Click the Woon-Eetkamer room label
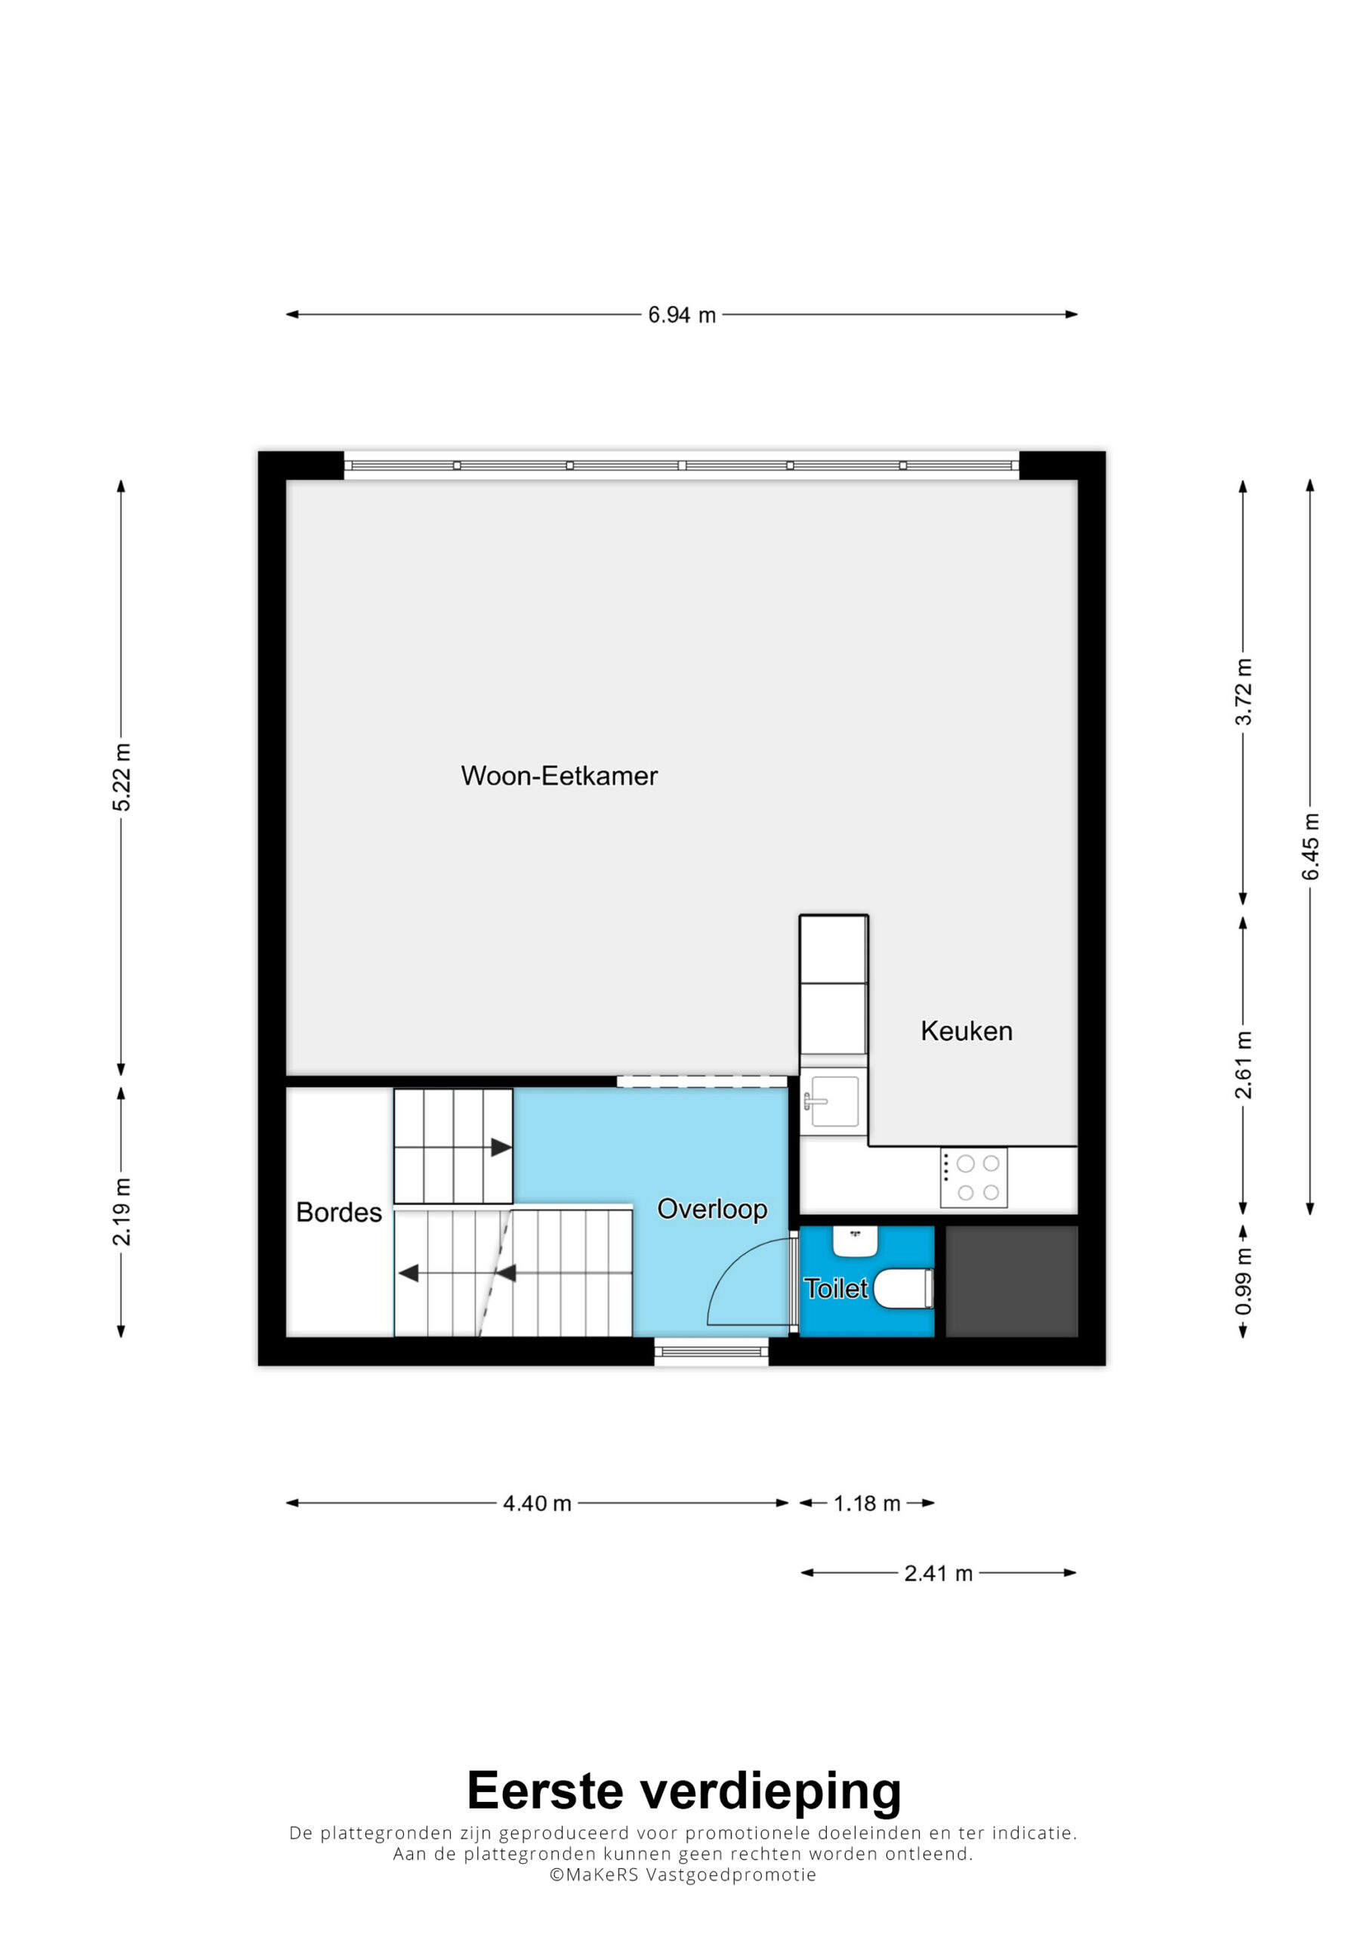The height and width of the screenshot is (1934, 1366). [560, 776]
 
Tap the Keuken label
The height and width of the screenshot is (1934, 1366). [966, 1031]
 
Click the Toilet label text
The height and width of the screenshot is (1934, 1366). [835, 1288]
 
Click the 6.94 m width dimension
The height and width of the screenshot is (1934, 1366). [681, 315]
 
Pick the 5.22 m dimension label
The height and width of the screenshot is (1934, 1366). [122, 777]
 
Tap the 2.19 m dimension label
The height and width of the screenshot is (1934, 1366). [122, 1211]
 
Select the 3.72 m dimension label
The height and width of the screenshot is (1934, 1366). [1243, 691]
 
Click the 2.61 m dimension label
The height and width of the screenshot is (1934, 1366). [1243, 1064]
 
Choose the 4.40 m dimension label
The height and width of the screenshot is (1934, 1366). [538, 1503]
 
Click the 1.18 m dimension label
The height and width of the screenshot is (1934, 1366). [867, 1503]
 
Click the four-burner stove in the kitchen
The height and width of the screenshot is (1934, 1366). [973, 1179]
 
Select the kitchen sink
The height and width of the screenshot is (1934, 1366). [834, 1101]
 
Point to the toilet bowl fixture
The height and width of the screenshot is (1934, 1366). [904, 1289]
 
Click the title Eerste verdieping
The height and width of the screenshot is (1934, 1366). [684, 1790]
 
